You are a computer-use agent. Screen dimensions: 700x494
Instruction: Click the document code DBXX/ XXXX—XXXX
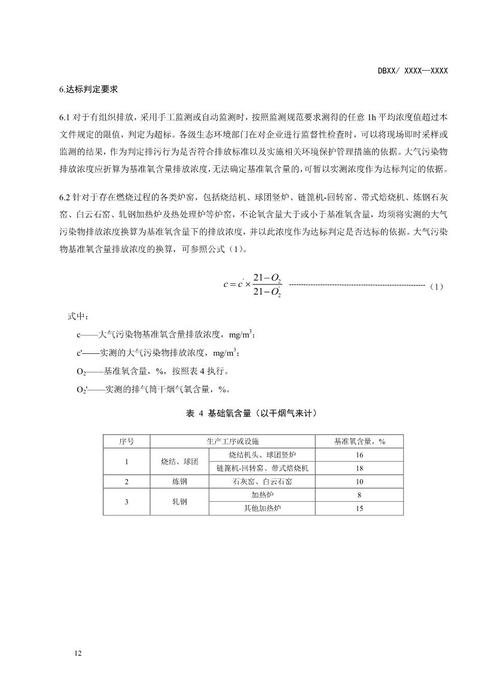(x=413, y=71)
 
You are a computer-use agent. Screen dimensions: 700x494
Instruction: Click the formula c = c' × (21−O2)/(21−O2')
(x=252, y=284)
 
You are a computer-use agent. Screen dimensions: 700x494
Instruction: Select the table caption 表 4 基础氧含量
(x=247, y=413)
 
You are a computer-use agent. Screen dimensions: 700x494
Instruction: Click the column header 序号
(x=126, y=441)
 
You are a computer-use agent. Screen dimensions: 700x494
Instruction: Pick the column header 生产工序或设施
(x=233, y=441)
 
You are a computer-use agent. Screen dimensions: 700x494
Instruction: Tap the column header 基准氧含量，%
(x=359, y=441)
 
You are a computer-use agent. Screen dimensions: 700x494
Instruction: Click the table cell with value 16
(x=359, y=455)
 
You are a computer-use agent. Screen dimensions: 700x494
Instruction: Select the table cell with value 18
(x=359, y=468)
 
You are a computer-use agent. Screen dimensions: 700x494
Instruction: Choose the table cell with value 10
(x=359, y=481)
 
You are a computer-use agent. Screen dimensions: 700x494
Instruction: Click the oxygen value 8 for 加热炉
(x=359, y=495)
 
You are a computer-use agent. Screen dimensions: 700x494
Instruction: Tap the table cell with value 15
(x=359, y=508)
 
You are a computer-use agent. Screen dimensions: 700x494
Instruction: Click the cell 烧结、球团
(x=179, y=462)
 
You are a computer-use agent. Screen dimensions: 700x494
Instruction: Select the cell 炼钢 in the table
(x=179, y=481)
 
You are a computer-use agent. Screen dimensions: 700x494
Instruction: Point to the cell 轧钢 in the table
(x=179, y=502)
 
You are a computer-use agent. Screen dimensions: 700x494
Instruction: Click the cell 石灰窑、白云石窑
(x=262, y=481)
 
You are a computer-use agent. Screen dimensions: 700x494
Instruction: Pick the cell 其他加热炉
(x=262, y=508)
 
